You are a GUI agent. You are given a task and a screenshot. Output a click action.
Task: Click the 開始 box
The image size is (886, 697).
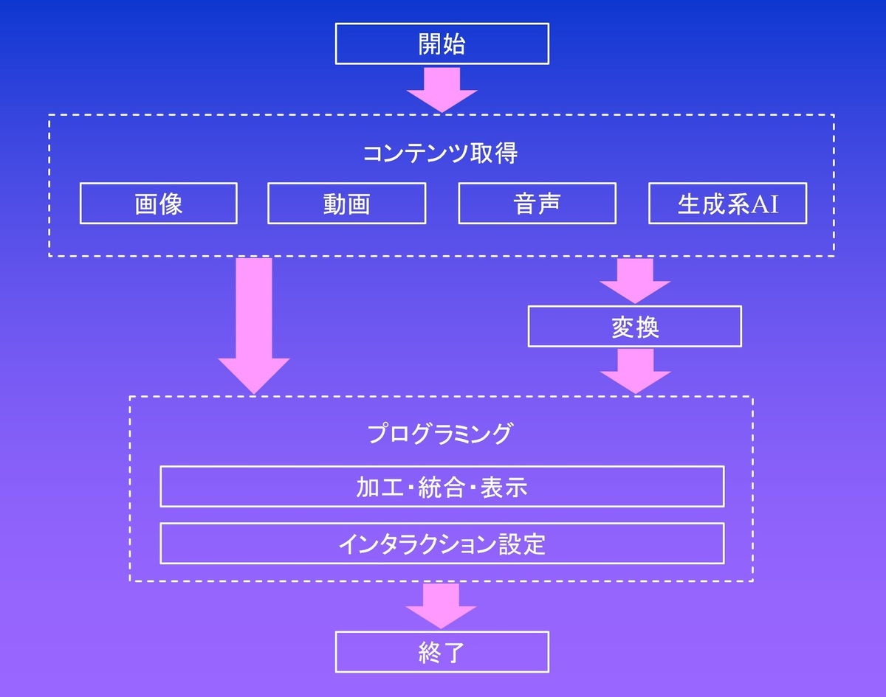pyautogui.click(x=442, y=44)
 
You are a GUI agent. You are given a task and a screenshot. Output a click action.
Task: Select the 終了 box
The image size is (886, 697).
pyautogui.click(x=442, y=651)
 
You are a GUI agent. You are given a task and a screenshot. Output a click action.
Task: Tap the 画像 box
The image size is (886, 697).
pyautogui.click(x=158, y=204)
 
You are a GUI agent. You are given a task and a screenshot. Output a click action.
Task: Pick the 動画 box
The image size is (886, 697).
pyautogui.click(x=346, y=204)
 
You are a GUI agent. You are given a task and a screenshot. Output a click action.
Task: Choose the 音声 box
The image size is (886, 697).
pyautogui.click(x=537, y=204)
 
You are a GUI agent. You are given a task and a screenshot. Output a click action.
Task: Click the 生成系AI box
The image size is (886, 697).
pyautogui.click(x=727, y=204)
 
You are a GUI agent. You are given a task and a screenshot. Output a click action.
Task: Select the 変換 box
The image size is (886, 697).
pyautogui.click(x=634, y=327)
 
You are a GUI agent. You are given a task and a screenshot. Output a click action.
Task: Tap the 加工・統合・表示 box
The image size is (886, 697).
pyautogui.click(x=442, y=487)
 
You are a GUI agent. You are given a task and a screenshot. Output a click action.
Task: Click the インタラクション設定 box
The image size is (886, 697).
pyautogui.click(x=442, y=544)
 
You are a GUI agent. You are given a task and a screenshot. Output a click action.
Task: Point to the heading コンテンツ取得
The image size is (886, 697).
pyautogui.click(x=440, y=153)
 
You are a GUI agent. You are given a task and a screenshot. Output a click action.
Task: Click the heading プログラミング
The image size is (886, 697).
pyautogui.click(x=440, y=433)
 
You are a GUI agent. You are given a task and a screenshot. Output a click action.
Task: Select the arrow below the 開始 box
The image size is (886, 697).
pyautogui.click(x=442, y=89)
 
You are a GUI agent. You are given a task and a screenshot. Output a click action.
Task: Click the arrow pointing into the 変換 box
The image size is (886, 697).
pyautogui.click(x=635, y=281)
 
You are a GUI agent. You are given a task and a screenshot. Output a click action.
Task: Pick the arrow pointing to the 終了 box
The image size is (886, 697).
pyautogui.click(x=442, y=606)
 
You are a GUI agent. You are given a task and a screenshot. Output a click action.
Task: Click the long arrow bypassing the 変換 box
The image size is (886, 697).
pyautogui.click(x=253, y=325)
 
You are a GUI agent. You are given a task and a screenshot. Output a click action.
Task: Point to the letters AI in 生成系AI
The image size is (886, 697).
pyautogui.click(x=765, y=204)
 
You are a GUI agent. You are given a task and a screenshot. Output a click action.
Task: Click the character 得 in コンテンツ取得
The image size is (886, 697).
pyautogui.click(x=506, y=153)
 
